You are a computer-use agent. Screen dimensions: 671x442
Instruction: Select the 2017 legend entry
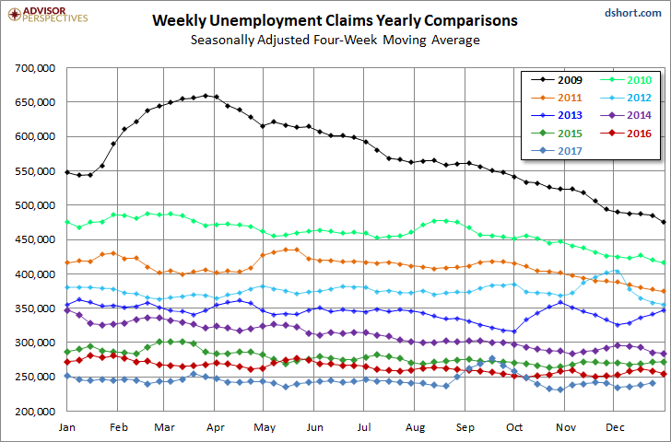click(557, 151)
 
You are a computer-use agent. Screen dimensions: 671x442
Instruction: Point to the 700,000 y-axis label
click(35, 68)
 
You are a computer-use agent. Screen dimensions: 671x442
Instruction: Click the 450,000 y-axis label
click(35, 239)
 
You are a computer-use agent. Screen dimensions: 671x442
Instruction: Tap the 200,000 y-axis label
click(35, 412)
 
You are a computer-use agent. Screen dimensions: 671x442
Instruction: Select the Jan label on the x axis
click(66, 427)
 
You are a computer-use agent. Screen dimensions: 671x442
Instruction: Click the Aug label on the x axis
click(415, 427)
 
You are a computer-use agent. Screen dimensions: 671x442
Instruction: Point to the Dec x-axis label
click(615, 427)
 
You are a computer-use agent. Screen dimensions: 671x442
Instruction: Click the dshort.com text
click(633, 13)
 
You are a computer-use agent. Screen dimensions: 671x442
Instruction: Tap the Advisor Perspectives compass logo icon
click(15, 15)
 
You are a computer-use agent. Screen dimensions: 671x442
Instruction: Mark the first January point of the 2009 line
click(66, 172)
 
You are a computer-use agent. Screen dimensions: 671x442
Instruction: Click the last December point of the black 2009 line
click(665, 222)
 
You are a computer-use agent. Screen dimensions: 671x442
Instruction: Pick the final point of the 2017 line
click(653, 383)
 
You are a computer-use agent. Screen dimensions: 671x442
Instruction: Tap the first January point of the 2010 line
click(66, 222)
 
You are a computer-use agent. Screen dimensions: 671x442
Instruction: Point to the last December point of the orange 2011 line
click(665, 292)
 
